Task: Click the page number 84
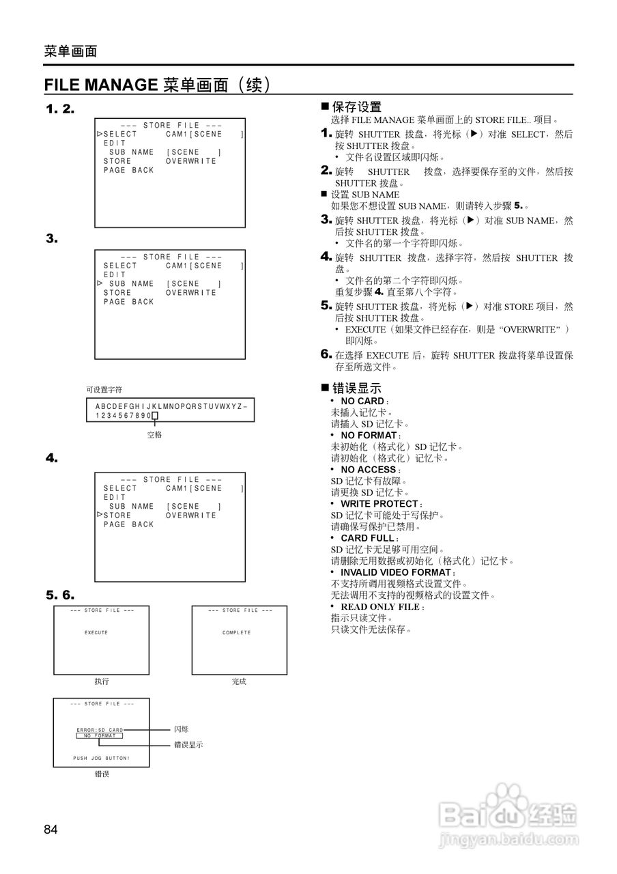coord(51,830)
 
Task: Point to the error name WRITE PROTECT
coord(379,504)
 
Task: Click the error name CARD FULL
coord(367,538)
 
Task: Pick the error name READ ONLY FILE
coord(379,606)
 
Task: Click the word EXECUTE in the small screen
coord(96,632)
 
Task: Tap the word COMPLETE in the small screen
coord(237,632)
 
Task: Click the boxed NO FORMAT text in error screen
coord(100,736)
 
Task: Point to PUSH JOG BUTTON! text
coord(101,759)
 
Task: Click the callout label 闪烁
coord(181,729)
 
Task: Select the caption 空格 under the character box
coord(155,434)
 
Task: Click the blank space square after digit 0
coord(155,415)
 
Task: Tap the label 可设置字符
coord(104,389)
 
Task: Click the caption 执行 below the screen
coord(101,681)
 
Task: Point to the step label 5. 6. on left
coord(60,594)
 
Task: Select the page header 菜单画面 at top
coord(70,51)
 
